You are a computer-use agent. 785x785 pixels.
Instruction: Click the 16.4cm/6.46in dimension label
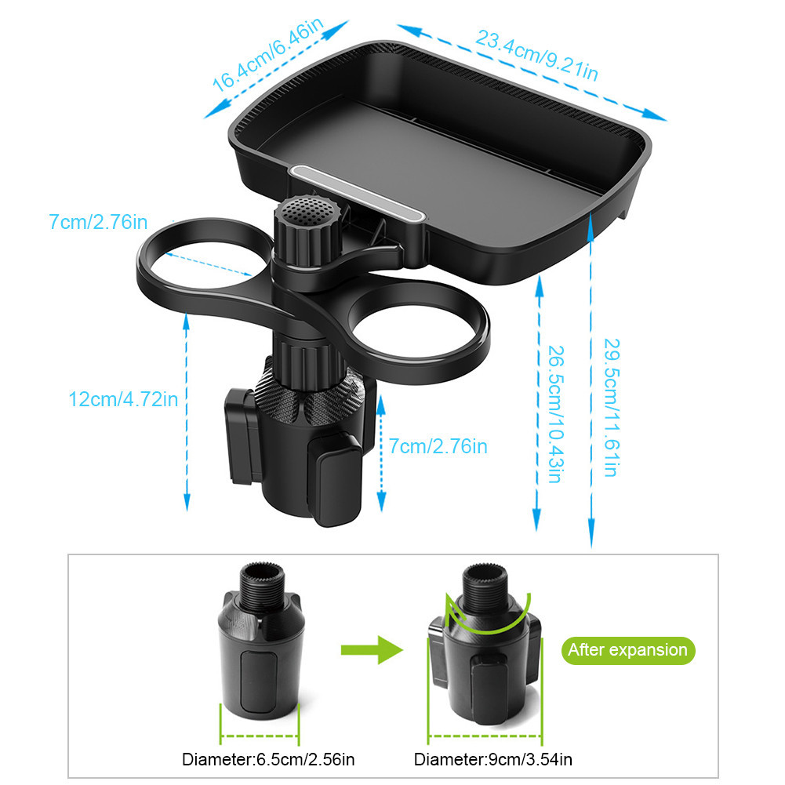[x=269, y=55]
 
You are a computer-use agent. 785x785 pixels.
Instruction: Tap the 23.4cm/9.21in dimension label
[x=536, y=55]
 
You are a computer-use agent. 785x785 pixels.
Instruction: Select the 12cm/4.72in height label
[x=123, y=399]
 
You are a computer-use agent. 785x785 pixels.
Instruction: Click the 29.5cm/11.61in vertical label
[x=611, y=408]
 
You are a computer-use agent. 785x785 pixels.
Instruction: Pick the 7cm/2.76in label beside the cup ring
[x=98, y=222]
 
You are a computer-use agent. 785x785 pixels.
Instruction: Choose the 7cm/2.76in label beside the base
[x=438, y=446]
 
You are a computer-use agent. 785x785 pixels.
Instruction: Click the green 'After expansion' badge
[x=628, y=650]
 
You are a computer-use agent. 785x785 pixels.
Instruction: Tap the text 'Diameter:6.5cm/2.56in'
[x=268, y=759]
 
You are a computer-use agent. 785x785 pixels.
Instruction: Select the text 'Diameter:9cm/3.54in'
[x=493, y=759]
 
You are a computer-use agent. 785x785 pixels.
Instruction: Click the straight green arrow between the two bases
[x=372, y=650]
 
